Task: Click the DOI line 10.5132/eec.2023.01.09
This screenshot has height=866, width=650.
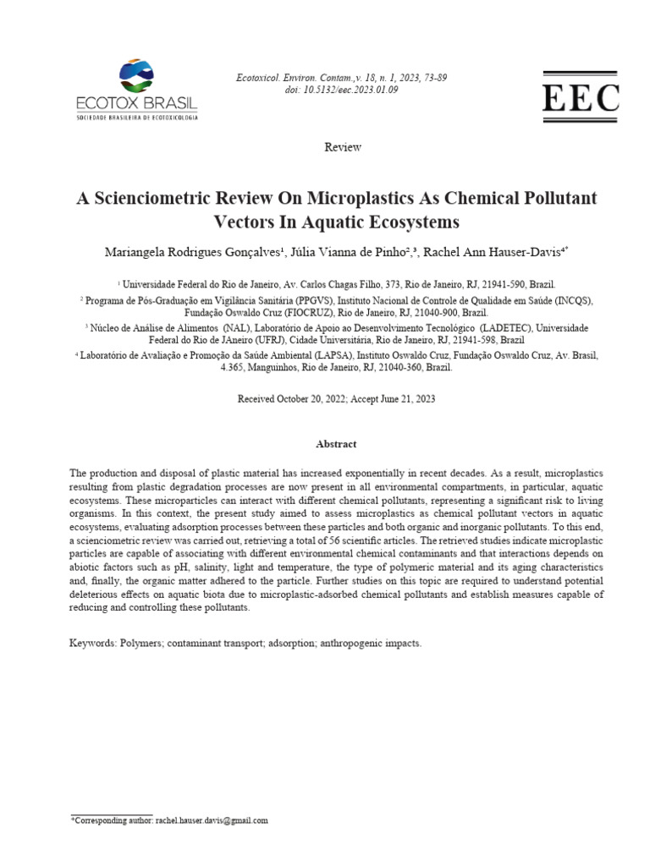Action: click(x=341, y=90)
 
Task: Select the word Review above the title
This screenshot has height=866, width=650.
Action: click(x=343, y=147)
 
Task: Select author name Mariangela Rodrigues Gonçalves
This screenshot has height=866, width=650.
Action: click(x=195, y=253)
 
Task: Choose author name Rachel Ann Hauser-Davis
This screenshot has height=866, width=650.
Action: click(x=492, y=253)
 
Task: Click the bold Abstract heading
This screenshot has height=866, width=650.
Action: click(x=336, y=444)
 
